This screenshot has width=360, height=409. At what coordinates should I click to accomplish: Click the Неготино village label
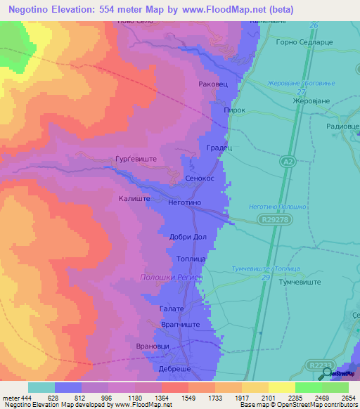[185, 202]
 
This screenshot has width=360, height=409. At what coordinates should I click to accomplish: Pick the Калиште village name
[133, 199]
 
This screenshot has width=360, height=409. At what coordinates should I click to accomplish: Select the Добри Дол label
[188, 237]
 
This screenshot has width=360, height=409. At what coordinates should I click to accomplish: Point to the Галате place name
[171, 309]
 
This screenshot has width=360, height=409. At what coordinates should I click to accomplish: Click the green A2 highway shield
[286, 162]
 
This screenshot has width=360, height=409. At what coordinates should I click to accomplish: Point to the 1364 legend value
[161, 398]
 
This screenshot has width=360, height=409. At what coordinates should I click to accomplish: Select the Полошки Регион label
[171, 278]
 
